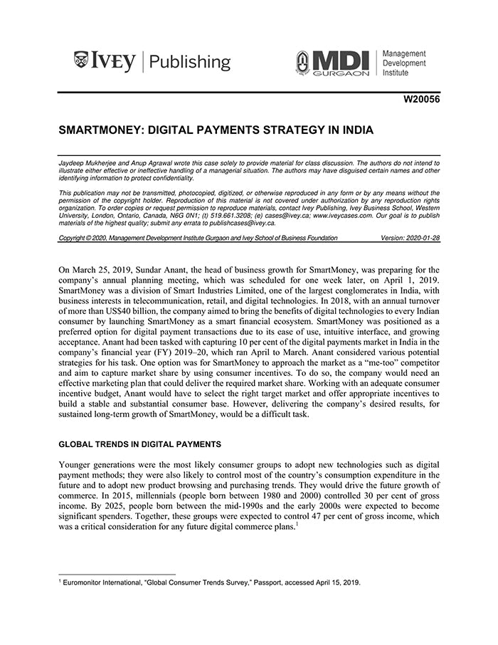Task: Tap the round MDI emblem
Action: click(302, 63)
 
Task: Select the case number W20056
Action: click(421, 99)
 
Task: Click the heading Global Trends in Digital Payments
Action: click(139, 444)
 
